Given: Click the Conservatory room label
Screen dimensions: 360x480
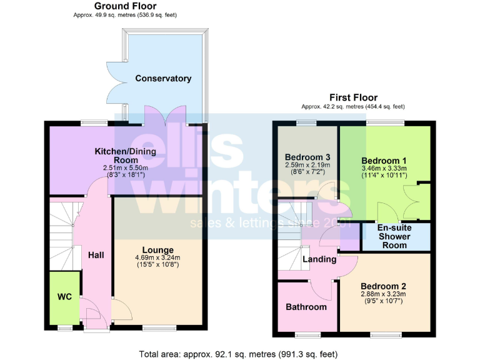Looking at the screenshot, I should tap(163, 79).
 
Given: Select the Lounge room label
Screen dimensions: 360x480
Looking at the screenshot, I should tap(157, 250).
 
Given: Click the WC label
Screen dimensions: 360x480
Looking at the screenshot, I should tap(64, 297).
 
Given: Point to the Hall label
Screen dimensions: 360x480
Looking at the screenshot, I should tap(96, 255).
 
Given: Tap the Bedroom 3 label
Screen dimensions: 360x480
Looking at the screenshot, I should tap(307, 157).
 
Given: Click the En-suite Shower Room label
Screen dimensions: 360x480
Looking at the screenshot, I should tap(395, 236).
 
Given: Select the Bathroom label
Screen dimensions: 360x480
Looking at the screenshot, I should tap(306, 307).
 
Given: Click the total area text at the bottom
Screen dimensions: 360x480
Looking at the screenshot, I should tap(239, 353).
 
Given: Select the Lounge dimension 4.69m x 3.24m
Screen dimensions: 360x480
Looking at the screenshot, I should tap(157, 258).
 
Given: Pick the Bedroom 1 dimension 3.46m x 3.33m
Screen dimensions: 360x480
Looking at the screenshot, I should tap(384, 167).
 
